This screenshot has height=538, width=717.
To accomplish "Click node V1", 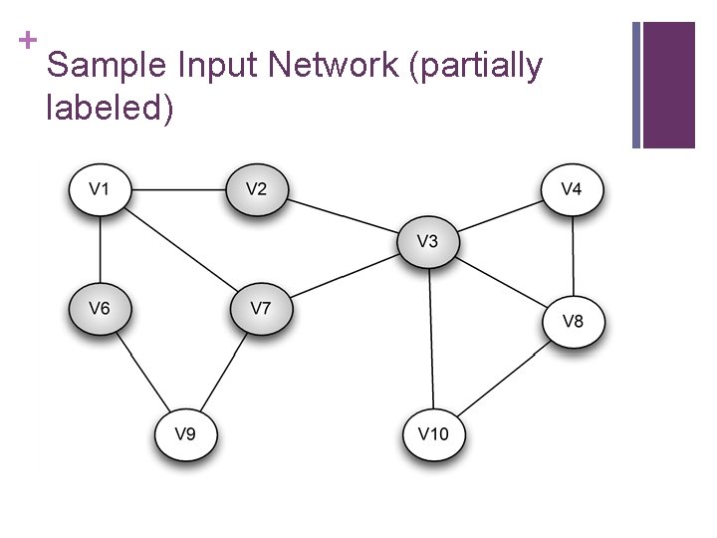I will [x=100, y=188].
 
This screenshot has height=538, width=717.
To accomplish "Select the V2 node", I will [x=256, y=188].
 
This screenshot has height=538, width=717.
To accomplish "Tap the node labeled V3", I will [x=427, y=241].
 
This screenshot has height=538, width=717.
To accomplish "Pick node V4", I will [x=572, y=188].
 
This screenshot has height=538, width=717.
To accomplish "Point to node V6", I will [x=100, y=308].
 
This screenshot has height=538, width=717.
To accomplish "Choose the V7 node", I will [x=260, y=308].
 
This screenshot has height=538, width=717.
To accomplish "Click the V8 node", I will [x=574, y=321].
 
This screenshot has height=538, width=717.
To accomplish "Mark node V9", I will [x=185, y=433].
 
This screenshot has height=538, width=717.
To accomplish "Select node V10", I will [x=432, y=433].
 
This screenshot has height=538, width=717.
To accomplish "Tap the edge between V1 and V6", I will [x=100, y=249].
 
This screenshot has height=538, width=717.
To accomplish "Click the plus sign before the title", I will [x=26, y=41].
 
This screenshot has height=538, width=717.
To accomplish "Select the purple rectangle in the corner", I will [x=668, y=85].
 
